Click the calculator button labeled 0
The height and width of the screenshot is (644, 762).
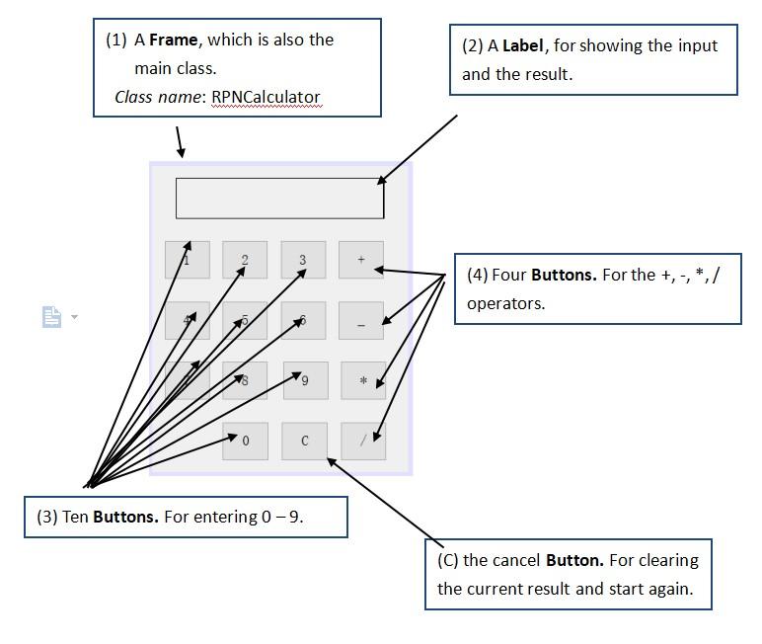click(245, 442)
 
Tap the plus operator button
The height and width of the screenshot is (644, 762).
click(361, 260)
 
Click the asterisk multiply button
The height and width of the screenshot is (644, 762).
click(363, 380)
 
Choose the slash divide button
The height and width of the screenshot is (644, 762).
click(363, 441)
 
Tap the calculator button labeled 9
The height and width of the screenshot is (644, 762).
click(305, 380)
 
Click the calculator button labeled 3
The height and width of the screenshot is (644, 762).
click(303, 260)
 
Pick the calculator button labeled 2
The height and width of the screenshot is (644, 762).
click(245, 260)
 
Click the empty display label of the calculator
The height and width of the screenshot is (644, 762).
click(279, 198)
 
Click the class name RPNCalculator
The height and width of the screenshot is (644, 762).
click(266, 97)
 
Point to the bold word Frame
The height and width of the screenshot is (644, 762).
click(174, 40)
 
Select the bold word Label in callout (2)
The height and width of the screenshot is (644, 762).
click(523, 45)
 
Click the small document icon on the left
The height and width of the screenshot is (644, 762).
click(51, 317)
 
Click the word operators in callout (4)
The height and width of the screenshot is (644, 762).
click(505, 303)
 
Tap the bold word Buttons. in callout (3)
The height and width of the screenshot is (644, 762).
click(125, 517)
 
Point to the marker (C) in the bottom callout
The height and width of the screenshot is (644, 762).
click(448, 560)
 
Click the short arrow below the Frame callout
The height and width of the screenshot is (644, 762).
click(180, 142)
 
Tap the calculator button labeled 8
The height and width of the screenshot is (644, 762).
click(245, 380)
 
